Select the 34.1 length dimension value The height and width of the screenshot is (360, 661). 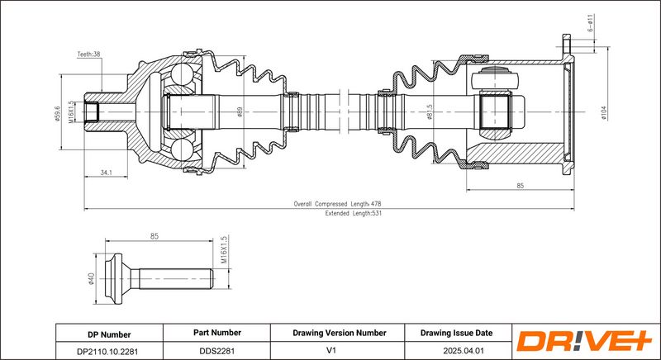[x=107, y=173]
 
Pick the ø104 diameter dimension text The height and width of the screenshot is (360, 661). [x=605, y=111]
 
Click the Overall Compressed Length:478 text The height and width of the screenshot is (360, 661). [x=337, y=203]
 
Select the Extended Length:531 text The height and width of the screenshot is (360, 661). [x=353, y=212]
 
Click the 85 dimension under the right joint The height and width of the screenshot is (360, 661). [x=520, y=186]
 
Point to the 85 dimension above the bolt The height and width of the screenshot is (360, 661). [x=154, y=237]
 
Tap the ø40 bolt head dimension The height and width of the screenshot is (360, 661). [x=91, y=278]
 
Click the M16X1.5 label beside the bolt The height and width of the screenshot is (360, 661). [x=224, y=249]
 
